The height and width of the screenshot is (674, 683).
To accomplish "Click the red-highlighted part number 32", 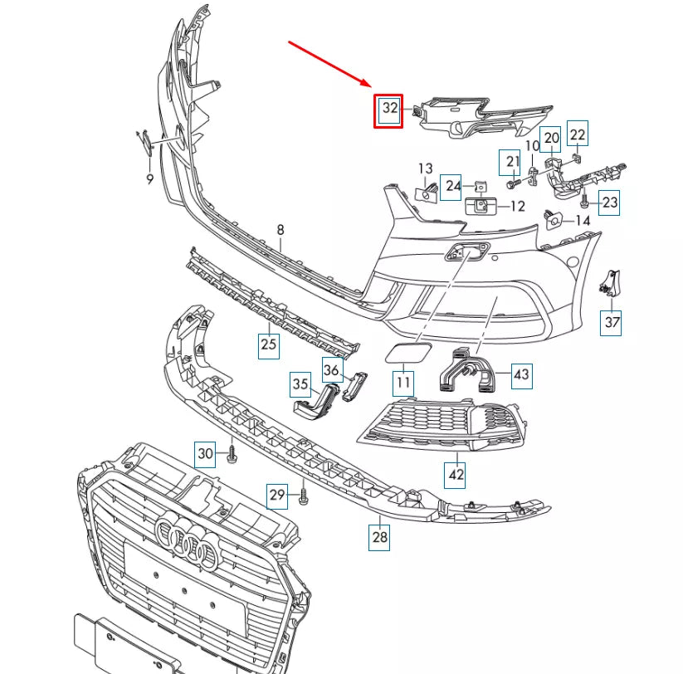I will (x=388, y=110).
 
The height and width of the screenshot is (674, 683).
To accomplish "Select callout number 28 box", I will (x=380, y=537).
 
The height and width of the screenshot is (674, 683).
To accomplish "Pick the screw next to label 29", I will (x=303, y=497).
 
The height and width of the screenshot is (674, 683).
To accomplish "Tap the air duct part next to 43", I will (x=466, y=372).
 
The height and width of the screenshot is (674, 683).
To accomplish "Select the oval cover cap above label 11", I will (x=403, y=354).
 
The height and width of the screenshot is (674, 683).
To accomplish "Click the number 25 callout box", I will (x=268, y=344).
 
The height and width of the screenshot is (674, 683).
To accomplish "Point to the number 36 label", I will (x=332, y=370).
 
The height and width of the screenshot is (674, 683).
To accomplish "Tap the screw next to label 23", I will (x=584, y=201).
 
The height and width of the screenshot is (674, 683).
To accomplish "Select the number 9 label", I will (x=149, y=178).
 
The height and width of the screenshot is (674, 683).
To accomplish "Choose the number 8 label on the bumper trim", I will (x=281, y=230).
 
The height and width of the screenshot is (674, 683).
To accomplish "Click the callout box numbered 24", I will (x=452, y=186).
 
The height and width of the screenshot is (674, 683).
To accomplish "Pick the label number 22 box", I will (x=578, y=133).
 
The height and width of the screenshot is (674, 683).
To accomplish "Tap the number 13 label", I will (x=425, y=168).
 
